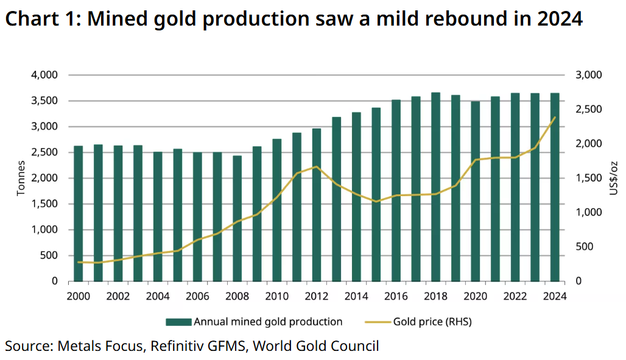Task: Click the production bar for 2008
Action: [x=237, y=219]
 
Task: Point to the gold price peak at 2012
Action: [x=316, y=166]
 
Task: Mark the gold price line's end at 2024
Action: [x=555, y=117]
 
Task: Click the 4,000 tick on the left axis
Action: [x=44, y=75]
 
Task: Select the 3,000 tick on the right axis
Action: [x=588, y=75]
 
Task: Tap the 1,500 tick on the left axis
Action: [x=44, y=204]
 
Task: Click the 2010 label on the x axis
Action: [x=276, y=297]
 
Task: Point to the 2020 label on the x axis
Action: [x=475, y=297]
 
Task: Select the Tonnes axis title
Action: [x=21, y=178]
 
